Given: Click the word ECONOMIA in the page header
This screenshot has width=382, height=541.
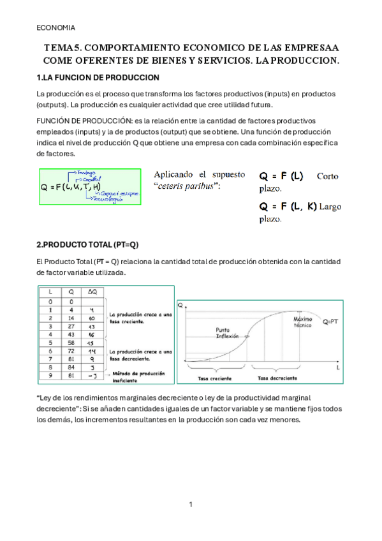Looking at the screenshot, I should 56,27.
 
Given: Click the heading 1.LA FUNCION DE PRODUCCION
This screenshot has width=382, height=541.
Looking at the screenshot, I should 98,77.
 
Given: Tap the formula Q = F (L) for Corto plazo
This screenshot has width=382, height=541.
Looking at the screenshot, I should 281,175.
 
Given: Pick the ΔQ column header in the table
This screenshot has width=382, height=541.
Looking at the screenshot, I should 92,290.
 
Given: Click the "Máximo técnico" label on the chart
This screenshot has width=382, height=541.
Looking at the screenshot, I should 302,322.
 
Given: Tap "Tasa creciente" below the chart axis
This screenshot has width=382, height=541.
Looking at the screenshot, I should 213,378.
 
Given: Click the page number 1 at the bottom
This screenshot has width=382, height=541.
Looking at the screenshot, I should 191,505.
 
